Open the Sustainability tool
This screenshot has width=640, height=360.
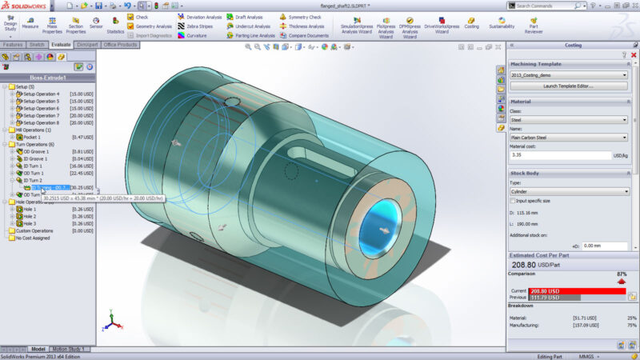[502, 22]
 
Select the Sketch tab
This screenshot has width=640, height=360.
[37, 45]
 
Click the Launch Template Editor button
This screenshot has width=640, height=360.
[568, 85]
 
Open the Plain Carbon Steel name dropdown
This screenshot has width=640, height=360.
[568, 138]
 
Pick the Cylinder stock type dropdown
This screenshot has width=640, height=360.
[568, 192]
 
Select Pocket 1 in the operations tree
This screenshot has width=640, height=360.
[36, 137]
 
